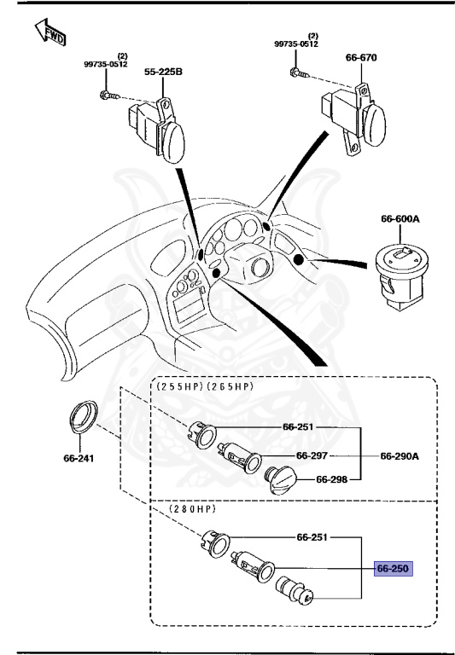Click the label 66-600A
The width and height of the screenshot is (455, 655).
(401, 219)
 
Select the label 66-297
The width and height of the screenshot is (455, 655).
(313, 455)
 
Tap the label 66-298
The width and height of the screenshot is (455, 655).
(333, 478)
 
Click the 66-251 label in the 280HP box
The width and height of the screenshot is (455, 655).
(313, 538)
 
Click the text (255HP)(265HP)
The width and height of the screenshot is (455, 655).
(206, 386)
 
